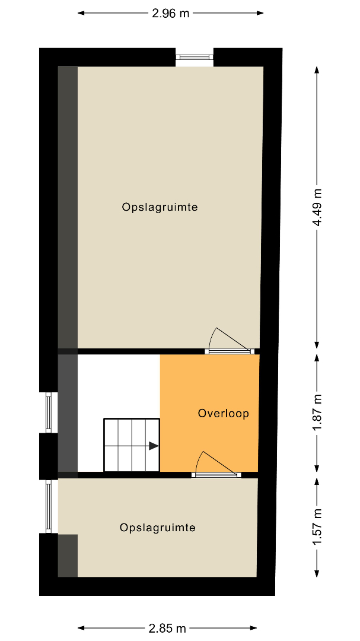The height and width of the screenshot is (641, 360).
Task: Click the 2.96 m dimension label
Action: [170, 13]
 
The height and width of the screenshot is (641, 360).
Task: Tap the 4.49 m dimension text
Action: [317, 207]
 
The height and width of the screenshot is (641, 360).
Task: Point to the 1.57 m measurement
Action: [317, 527]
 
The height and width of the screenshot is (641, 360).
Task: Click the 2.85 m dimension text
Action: [167, 628]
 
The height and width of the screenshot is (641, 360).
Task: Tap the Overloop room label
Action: [223, 413]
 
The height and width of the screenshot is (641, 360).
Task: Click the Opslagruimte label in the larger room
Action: [160, 207]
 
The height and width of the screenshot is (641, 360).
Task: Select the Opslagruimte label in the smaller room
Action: [157, 528]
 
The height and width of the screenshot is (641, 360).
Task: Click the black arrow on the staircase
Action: [154, 446]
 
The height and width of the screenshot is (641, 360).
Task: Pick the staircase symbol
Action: [132, 445]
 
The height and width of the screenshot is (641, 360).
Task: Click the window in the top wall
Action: [195, 57]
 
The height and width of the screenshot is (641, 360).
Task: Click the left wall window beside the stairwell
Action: [49, 412]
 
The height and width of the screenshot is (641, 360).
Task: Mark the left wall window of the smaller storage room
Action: [49, 506]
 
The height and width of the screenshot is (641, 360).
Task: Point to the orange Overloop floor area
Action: [209, 413]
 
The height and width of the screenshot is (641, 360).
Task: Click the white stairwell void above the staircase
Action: [119, 386]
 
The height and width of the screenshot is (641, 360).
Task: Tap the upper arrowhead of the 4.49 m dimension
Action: [317, 70]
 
